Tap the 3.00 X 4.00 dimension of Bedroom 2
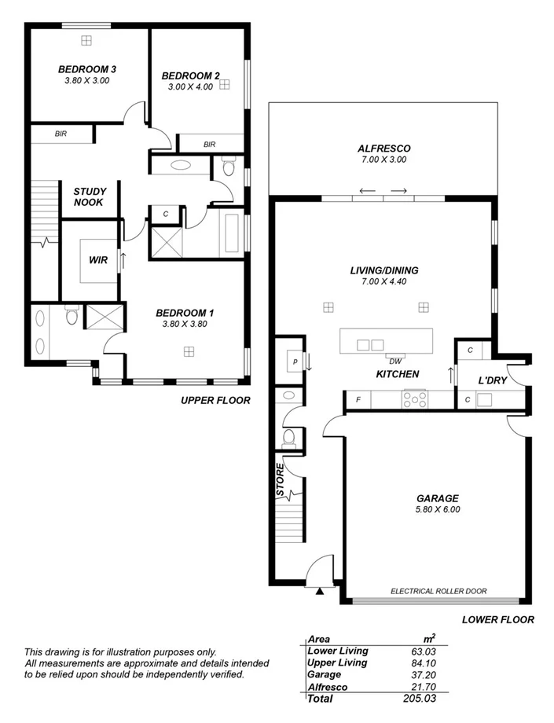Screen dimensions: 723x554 coord(190,87)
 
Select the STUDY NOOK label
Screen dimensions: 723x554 coord(90,196)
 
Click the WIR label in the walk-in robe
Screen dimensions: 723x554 coord(98,259)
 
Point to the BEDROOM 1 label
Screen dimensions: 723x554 coord(185,312)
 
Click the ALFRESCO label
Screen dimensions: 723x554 coord(383,149)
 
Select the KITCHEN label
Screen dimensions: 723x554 coord(397,374)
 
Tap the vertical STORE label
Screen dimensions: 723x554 coord(281,480)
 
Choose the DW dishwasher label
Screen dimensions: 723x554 coord(395,361)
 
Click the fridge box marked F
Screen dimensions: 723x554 coord(358,400)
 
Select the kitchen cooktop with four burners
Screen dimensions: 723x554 coord(411,399)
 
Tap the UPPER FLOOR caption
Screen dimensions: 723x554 coord(215,400)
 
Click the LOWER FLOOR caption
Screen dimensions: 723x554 coord(497,619)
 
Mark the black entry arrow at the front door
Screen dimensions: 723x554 coord(318,592)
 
